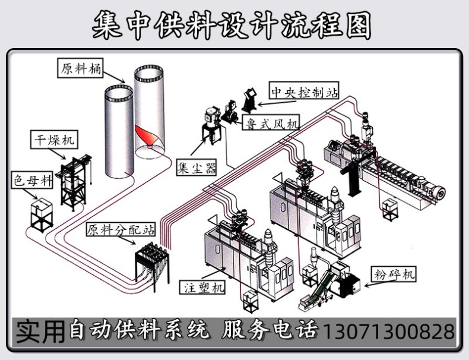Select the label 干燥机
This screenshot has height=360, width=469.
coord(53,141)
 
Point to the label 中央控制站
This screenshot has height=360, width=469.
coord(305,93)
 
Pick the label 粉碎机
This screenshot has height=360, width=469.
coord(395,274)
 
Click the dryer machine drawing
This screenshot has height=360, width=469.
coord(75,178)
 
